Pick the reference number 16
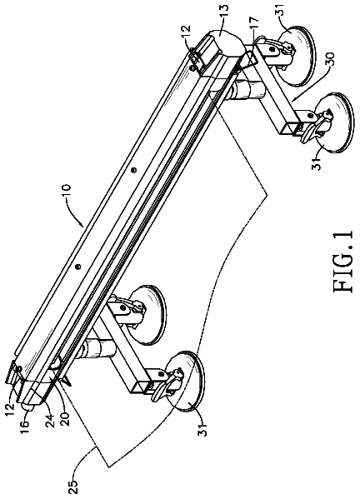click(x=25, y=421)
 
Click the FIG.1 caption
click(x=345, y=261)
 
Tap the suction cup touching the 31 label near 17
click(x=295, y=57)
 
